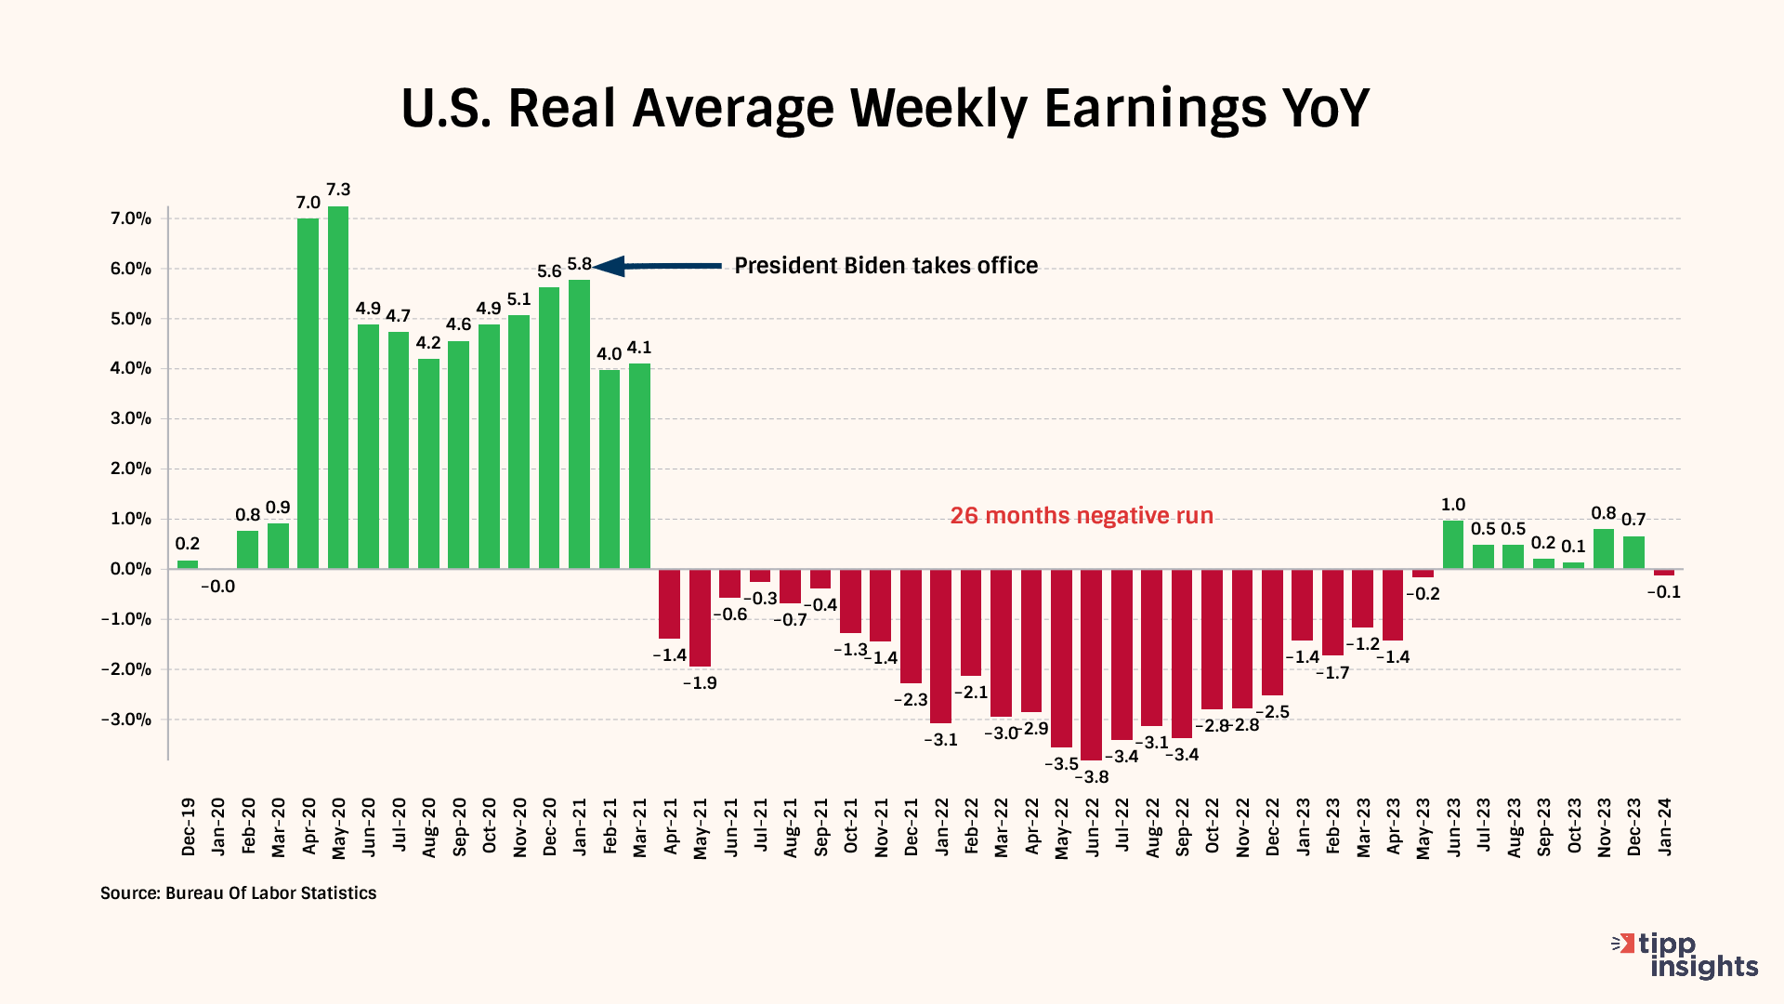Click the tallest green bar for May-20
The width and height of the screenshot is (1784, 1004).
point(338,387)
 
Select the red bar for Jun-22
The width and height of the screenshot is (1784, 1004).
point(1091,664)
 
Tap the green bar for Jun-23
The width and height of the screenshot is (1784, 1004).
point(1453,545)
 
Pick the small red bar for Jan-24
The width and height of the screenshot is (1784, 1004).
point(1664,573)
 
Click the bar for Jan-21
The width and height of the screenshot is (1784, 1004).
point(579,424)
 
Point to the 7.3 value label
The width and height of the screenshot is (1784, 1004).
point(338,190)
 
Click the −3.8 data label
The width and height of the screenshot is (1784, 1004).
point(1092,777)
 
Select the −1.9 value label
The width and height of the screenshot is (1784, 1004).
point(700,683)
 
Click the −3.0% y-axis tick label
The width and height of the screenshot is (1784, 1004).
point(125,720)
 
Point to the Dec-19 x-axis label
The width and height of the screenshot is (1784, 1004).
point(189,826)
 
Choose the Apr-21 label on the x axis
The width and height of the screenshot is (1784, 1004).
point(670,826)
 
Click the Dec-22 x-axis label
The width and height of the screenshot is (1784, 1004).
point(1272,826)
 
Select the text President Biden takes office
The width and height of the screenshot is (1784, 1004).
point(885,266)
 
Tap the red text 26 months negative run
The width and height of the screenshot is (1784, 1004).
point(1082,516)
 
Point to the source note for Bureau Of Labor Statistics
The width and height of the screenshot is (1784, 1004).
point(239,893)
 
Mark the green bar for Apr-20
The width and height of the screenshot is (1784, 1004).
point(308,393)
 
